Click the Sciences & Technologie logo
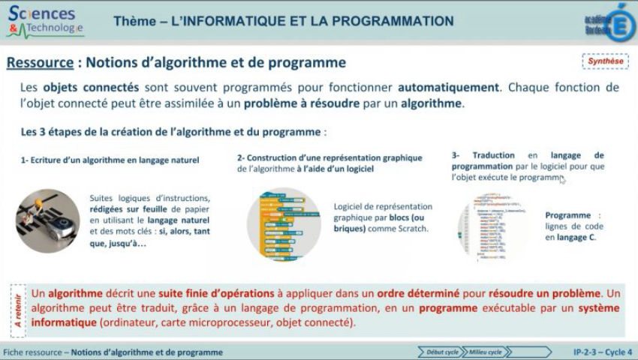point(45,22)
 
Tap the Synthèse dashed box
point(605,61)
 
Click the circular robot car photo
point(47,221)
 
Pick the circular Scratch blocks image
point(284,223)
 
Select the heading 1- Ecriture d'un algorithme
point(110,160)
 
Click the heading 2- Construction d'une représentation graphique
point(330,158)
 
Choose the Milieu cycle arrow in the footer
point(484,352)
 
